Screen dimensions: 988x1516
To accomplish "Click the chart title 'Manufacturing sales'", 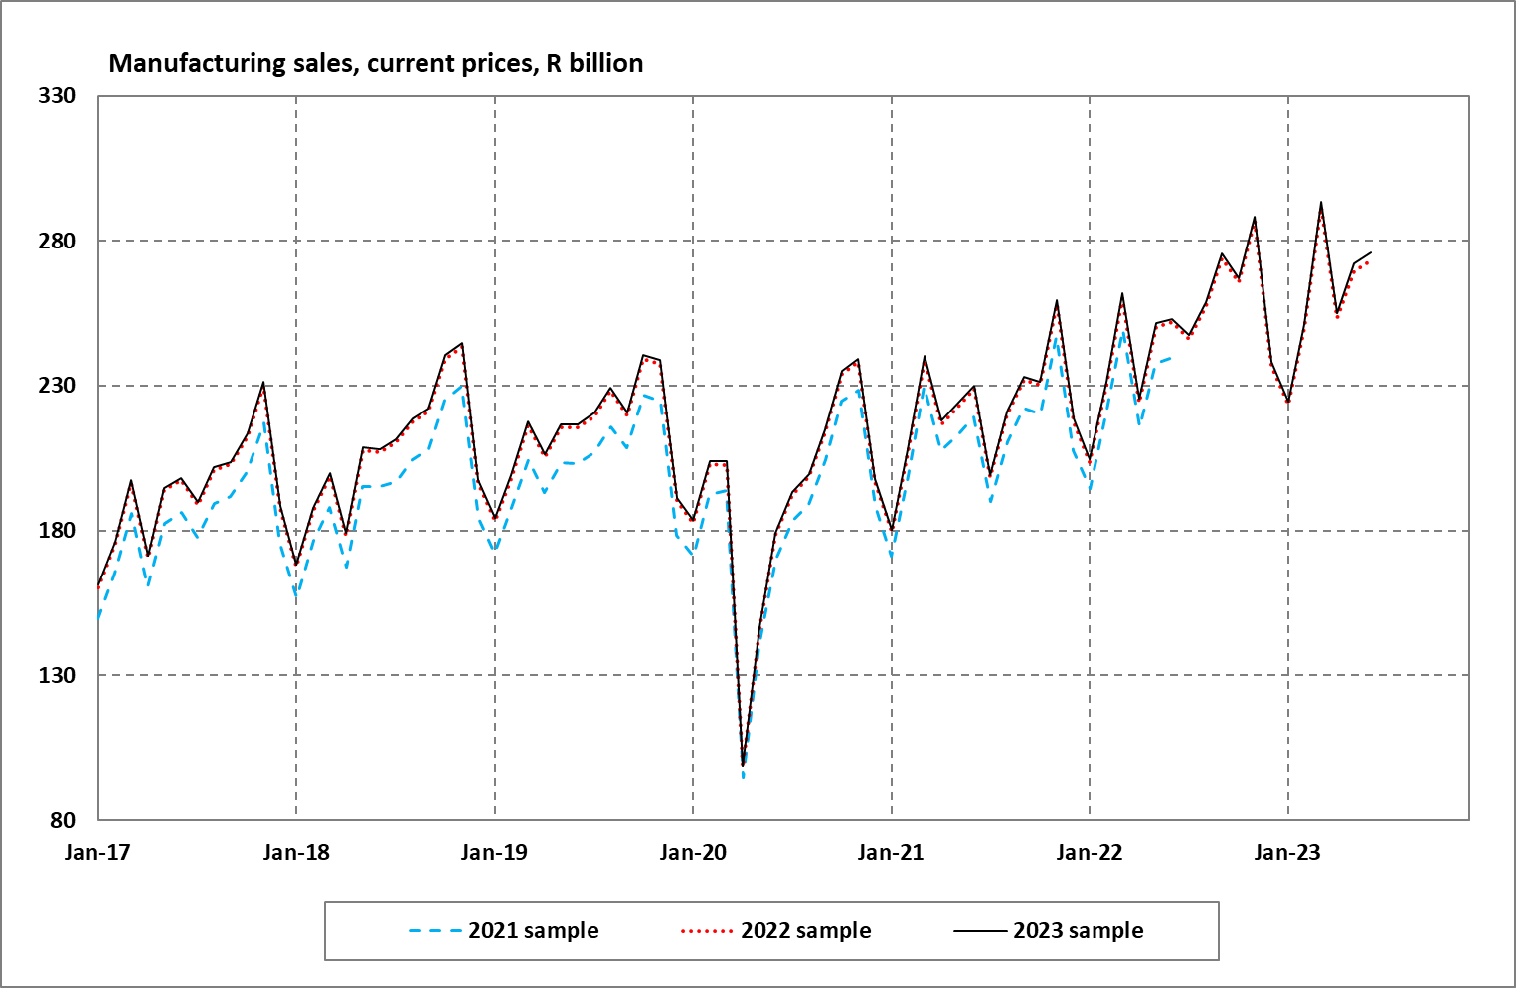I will tap(376, 63).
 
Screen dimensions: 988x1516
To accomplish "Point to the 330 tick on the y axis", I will tap(57, 96).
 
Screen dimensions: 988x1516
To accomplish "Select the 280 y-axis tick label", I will tap(57, 242).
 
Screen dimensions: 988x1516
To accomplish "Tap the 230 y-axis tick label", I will tap(57, 386).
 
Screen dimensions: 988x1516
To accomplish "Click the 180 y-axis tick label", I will tap(57, 531).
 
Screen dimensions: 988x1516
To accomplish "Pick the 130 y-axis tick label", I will tap(57, 676).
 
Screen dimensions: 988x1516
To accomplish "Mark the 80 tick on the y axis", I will tap(63, 820).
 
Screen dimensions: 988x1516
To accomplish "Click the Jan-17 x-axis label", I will tap(97, 853).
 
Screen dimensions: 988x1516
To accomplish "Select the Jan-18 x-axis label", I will tap(296, 853).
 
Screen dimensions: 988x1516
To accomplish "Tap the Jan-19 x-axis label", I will tap(494, 853).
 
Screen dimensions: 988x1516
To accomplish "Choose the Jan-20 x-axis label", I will tap(693, 853).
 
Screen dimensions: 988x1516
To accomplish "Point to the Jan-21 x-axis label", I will tap(891, 853).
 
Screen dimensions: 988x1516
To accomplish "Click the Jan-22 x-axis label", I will tap(1090, 853).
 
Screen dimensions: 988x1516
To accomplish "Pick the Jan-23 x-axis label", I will tap(1287, 853).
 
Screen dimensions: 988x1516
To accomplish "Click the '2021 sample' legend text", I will tap(534, 931).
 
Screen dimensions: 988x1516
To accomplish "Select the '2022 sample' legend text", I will tap(805, 931).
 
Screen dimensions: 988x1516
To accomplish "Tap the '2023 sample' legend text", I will tap(1078, 931).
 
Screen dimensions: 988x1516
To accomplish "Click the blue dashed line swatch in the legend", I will tap(434, 931).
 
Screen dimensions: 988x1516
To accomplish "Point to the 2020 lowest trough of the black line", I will tap(743, 765).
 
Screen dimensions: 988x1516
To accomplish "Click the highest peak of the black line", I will tap(1321, 203).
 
